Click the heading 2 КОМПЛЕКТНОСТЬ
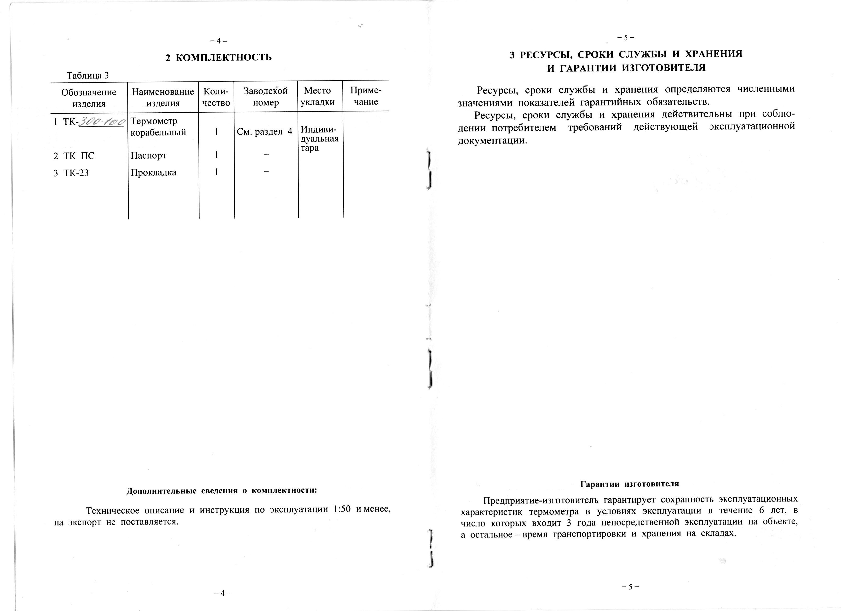click(219, 58)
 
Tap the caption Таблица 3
click(87, 76)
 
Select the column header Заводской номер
click(265, 96)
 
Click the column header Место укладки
click(317, 96)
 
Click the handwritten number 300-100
click(101, 122)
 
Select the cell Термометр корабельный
click(158, 127)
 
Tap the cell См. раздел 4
click(264, 132)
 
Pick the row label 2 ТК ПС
click(74, 156)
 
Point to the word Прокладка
click(154, 173)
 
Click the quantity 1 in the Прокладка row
click(216, 172)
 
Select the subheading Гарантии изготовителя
click(629, 484)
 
